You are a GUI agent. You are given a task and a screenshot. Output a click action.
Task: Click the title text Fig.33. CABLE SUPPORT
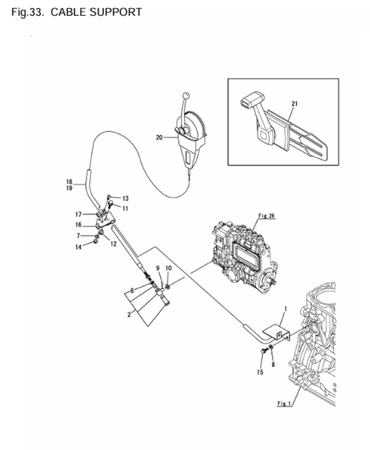(x=76, y=12)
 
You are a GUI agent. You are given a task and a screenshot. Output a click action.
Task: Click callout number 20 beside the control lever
(x=159, y=138)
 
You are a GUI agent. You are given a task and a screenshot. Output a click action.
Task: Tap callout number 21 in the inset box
(x=294, y=104)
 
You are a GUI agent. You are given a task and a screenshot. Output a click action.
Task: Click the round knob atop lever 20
(x=186, y=95)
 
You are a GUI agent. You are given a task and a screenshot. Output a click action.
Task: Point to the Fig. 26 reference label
(x=266, y=216)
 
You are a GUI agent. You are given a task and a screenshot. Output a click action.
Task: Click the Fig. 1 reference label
(x=284, y=403)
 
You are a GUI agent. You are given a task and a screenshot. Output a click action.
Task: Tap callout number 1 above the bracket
(x=286, y=309)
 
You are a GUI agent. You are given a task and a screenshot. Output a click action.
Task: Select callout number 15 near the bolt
(x=260, y=372)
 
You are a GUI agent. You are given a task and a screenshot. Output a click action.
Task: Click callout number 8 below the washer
(x=273, y=364)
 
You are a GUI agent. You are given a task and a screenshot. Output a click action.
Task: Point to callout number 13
(x=125, y=198)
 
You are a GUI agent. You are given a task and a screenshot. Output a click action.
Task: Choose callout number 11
(x=125, y=208)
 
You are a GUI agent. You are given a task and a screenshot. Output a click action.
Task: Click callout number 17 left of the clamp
(x=79, y=214)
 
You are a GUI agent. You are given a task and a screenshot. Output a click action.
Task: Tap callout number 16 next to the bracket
(x=79, y=225)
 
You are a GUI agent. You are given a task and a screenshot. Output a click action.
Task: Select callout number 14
(x=79, y=247)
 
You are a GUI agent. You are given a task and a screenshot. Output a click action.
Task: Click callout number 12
(x=113, y=244)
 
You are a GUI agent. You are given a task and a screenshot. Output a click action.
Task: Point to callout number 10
(x=169, y=268)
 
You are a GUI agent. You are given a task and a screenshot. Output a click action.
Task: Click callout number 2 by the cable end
(x=129, y=314)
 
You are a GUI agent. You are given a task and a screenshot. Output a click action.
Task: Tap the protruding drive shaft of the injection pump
(x=273, y=282)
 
